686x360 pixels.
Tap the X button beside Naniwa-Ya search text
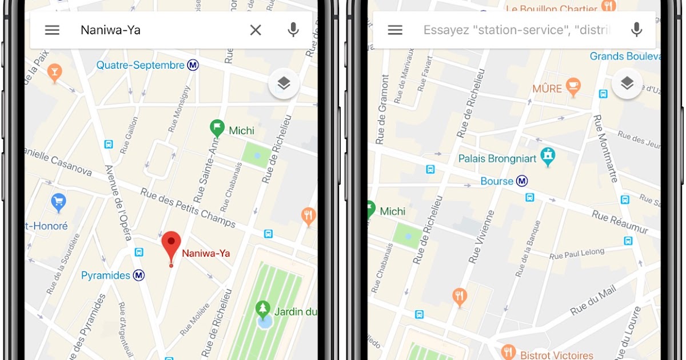256,30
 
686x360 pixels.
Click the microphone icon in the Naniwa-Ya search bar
293,30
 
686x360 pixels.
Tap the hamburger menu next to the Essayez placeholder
395,30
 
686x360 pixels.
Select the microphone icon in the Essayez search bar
636,30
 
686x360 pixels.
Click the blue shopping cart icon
58,201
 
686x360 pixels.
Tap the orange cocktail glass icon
55,72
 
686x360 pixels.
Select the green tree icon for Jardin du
263,309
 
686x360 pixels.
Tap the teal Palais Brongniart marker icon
548,155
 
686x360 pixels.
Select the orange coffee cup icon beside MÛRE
572,87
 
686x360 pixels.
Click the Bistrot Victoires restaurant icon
508,351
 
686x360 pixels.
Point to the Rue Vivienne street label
482,237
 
